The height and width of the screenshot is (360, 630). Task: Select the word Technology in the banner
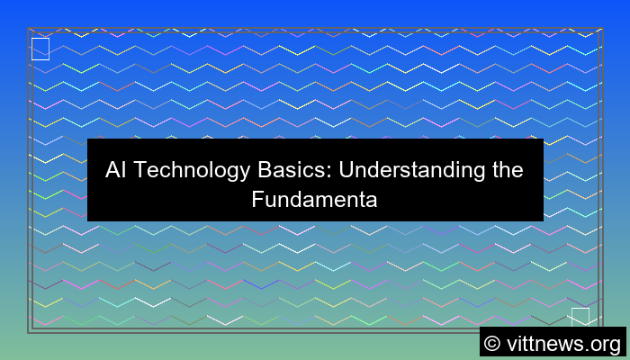click(184, 170)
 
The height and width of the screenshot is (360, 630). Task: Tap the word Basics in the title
click(271, 170)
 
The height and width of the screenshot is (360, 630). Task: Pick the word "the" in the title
click(505, 170)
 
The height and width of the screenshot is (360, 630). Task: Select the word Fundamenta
click(314, 199)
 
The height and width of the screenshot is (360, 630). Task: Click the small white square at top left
click(40, 49)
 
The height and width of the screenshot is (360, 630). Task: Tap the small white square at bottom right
click(580, 317)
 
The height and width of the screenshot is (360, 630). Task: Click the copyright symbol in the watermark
click(494, 342)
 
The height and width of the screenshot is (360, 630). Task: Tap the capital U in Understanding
click(321, 170)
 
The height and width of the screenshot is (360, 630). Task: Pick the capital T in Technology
click(139, 170)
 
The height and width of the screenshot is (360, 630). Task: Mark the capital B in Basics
click(247, 170)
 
